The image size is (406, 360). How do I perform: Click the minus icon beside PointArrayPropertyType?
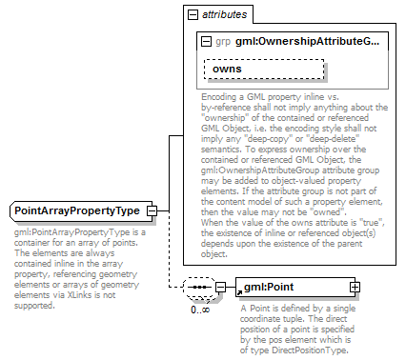[152, 210]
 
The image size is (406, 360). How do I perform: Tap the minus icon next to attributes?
[193, 15]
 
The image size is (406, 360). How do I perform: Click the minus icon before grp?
[207, 42]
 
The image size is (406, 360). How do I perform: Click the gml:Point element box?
[294, 287]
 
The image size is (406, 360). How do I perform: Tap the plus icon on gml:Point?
[355, 287]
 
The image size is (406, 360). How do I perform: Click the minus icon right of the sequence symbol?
[220, 287]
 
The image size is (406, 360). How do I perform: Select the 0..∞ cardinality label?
[199, 309]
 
